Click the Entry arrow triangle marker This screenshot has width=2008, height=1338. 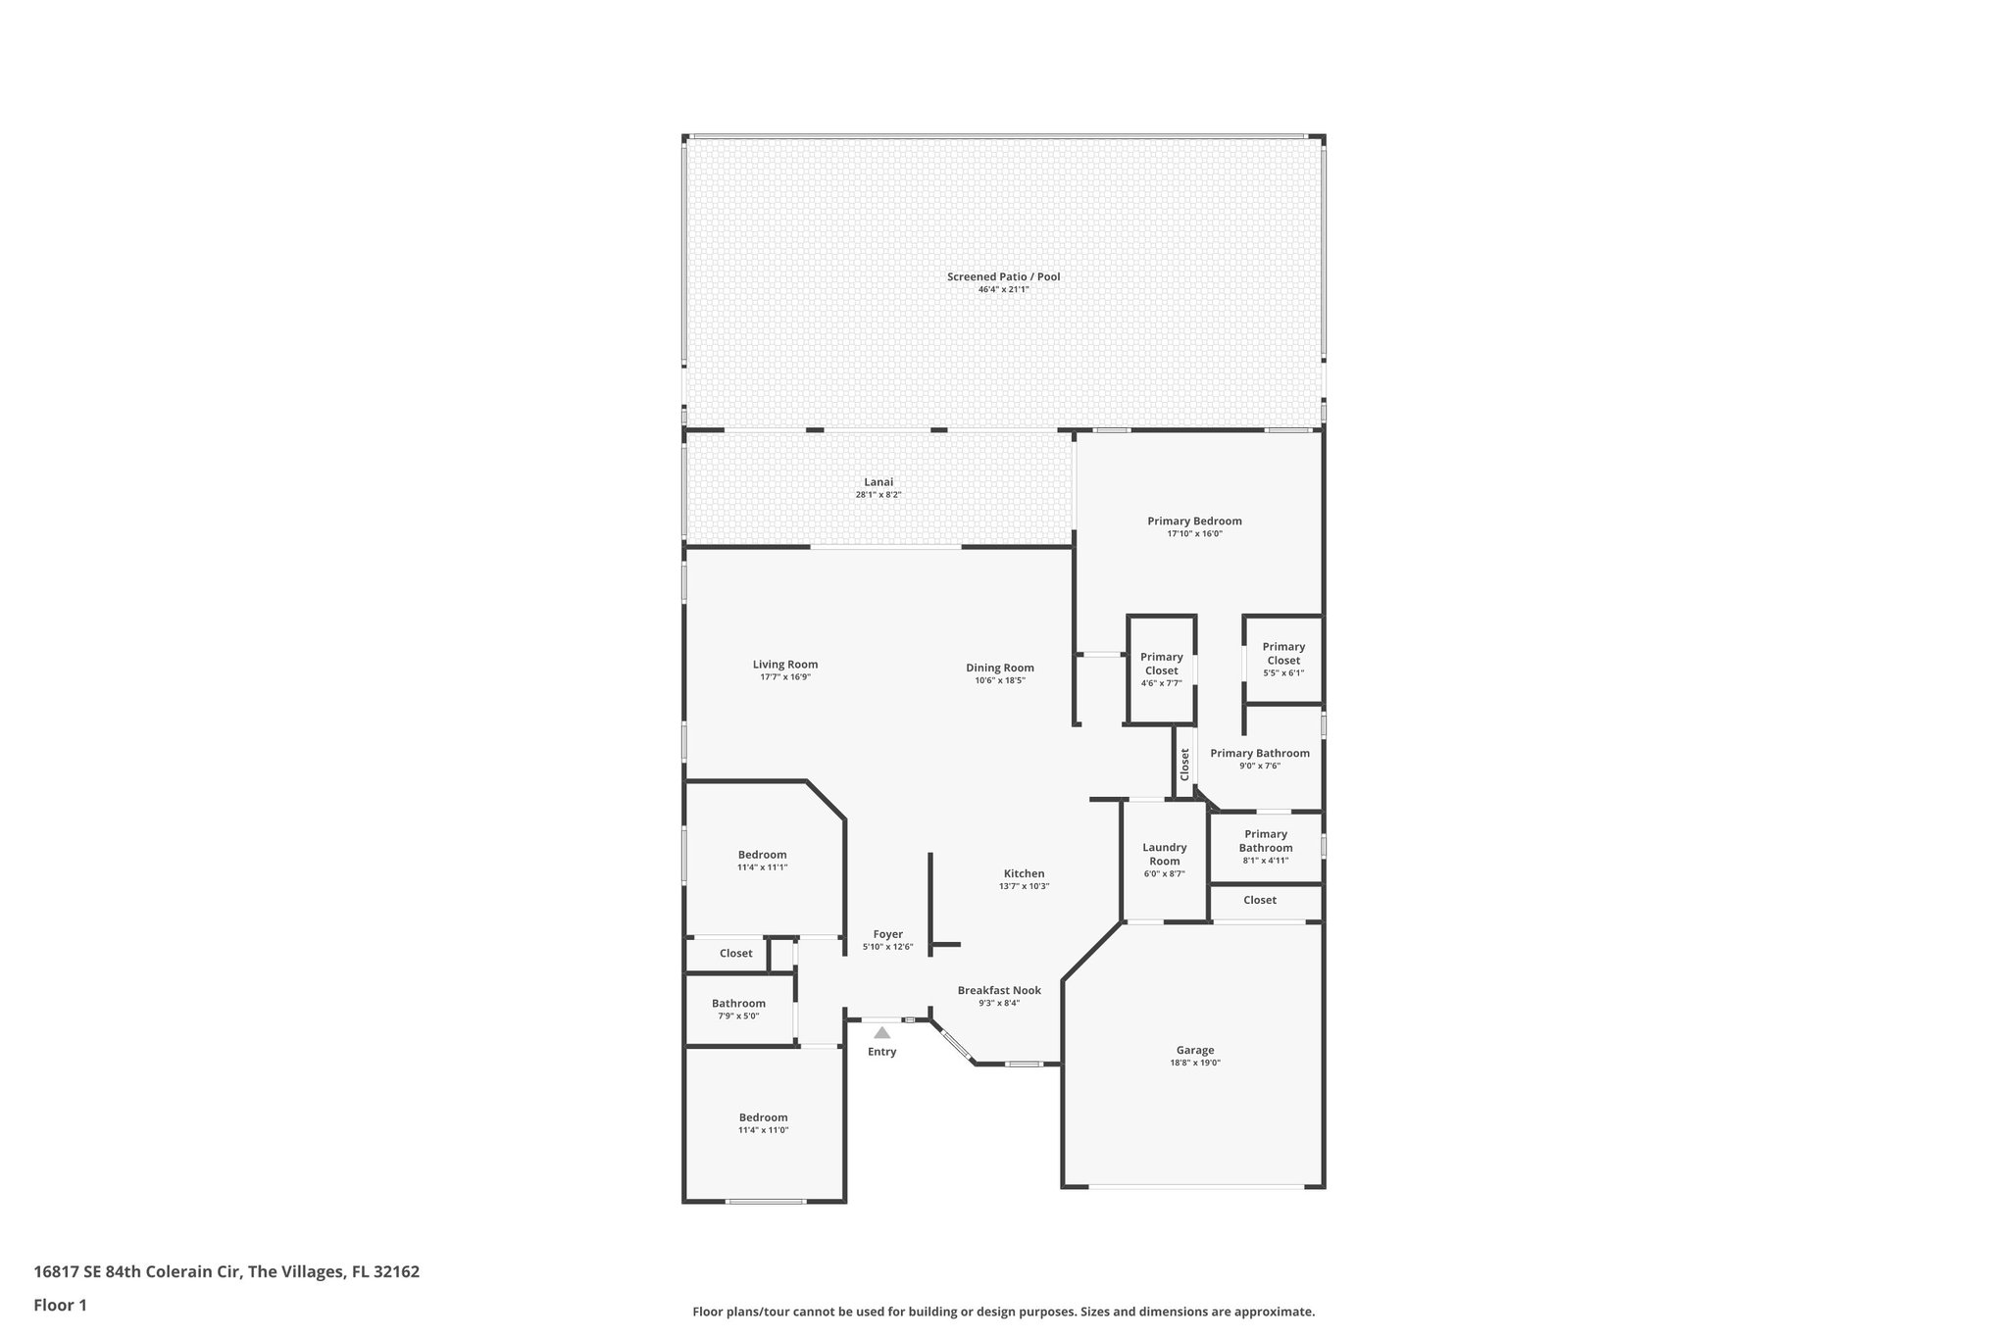point(881,1032)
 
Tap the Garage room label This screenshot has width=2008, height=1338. point(1194,1050)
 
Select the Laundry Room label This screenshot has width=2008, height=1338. point(1164,854)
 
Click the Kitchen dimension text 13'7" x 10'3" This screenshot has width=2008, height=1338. point(1024,886)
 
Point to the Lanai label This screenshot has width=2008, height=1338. point(878,481)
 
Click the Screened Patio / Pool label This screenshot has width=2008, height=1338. point(1003,276)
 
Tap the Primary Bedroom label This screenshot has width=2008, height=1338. point(1194,520)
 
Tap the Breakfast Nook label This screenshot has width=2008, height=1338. point(998,990)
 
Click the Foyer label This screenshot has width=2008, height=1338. point(887,934)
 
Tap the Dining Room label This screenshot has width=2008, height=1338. point(999,668)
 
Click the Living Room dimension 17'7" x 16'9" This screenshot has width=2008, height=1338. point(784,677)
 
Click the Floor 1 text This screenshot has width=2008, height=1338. point(61,1305)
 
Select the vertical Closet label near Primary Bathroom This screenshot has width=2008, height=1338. point(1184,765)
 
